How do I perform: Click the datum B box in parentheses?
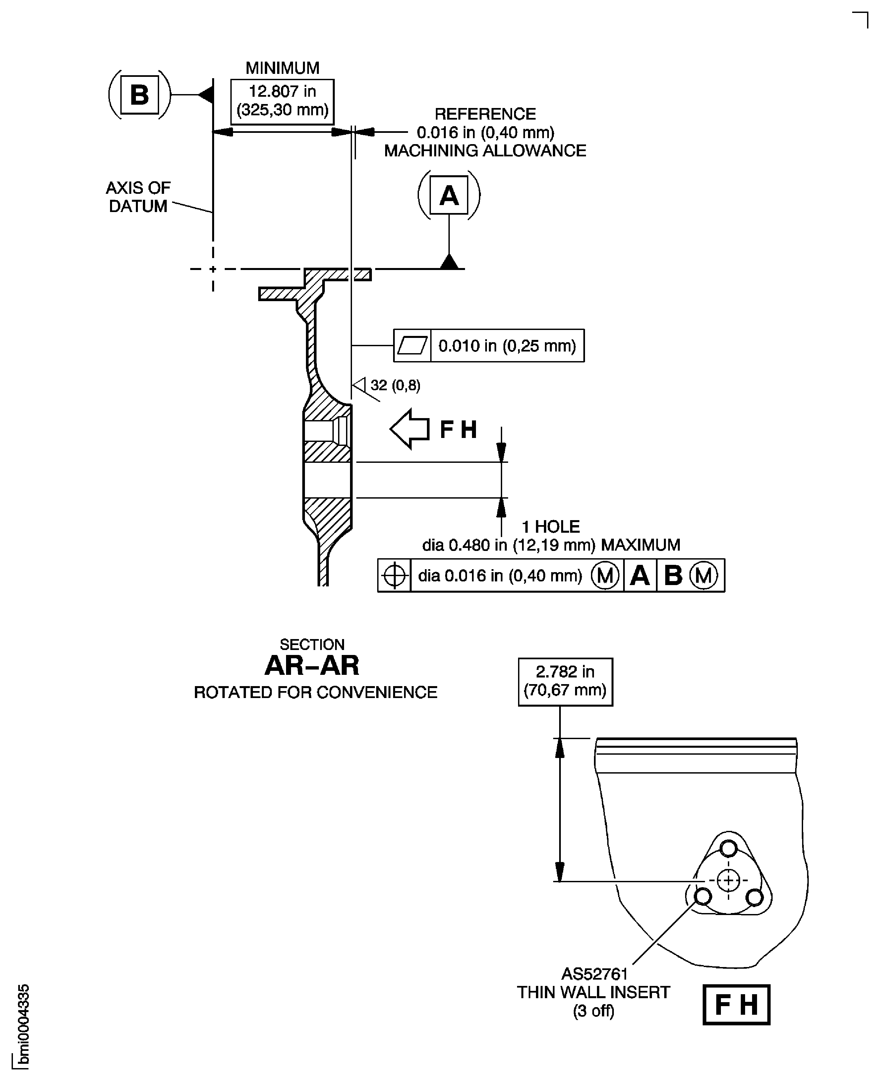[x=140, y=95]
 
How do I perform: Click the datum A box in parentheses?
[x=448, y=195]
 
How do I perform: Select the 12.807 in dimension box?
[x=282, y=101]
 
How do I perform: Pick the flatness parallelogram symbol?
[x=412, y=346]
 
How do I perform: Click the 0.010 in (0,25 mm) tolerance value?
[x=507, y=346]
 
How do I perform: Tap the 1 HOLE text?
[x=551, y=527]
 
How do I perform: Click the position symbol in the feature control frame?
[x=394, y=575]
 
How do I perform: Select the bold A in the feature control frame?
[x=640, y=575]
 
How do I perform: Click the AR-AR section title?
[x=312, y=666]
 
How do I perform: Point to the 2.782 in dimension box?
[x=565, y=681]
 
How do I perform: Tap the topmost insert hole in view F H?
[x=729, y=848]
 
